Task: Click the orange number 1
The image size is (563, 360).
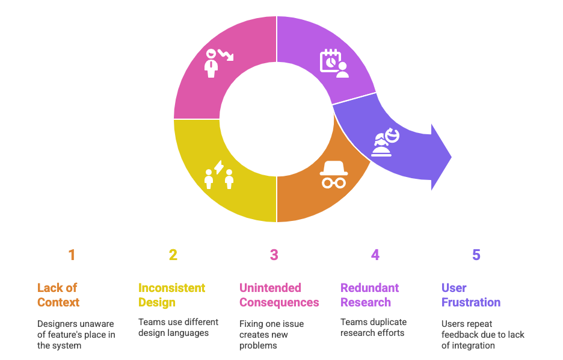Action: click(x=72, y=255)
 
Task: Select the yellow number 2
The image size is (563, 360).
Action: click(x=173, y=255)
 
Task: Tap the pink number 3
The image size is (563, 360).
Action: click(x=274, y=255)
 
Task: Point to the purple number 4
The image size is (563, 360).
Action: click(x=375, y=255)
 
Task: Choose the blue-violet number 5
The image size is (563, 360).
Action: click(x=476, y=255)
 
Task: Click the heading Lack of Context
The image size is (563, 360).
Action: click(x=58, y=295)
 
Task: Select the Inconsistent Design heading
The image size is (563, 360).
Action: click(x=171, y=295)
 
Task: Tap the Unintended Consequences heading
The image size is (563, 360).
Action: click(x=279, y=295)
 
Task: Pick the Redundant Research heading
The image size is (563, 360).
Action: click(x=369, y=295)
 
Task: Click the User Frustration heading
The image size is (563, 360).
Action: click(x=470, y=295)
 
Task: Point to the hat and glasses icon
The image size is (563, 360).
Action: click(x=333, y=175)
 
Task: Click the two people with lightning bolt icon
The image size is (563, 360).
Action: click(x=219, y=175)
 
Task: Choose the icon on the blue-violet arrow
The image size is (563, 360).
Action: click(x=385, y=142)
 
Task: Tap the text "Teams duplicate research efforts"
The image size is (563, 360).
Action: click(x=373, y=327)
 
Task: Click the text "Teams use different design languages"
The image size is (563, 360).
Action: click(x=178, y=327)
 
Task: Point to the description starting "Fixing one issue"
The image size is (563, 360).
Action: click(x=271, y=335)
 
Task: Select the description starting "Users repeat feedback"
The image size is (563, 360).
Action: click(x=482, y=335)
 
